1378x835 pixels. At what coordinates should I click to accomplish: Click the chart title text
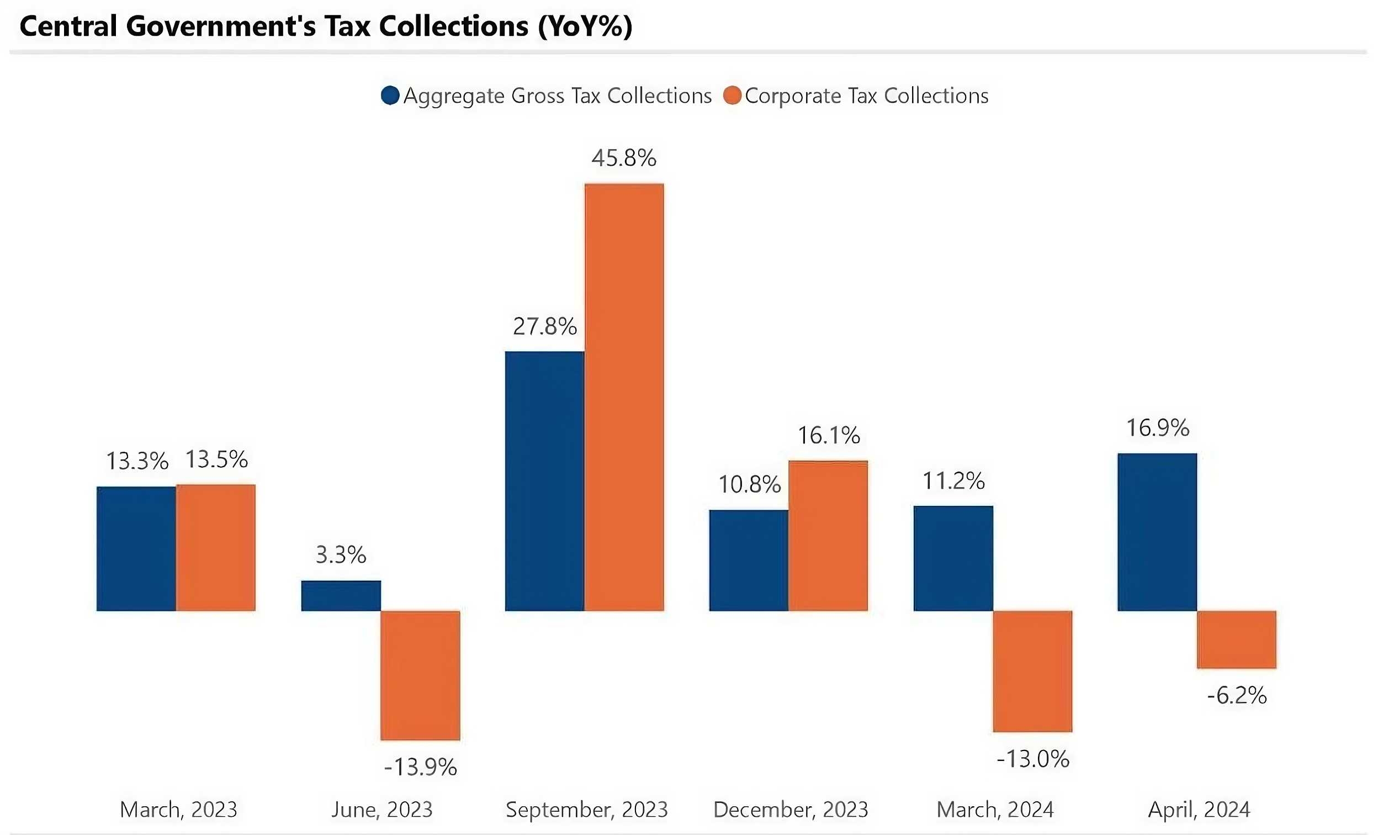[x=326, y=27]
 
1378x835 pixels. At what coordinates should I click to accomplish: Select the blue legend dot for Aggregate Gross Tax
[x=390, y=96]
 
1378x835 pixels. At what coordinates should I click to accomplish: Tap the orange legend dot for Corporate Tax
[x=732, y=96]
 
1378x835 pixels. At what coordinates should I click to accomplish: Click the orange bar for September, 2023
[x=624, y=397]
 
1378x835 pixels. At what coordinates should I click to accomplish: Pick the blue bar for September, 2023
[x=544, y=481]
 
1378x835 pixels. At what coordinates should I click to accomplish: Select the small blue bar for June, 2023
[x=341, y=596]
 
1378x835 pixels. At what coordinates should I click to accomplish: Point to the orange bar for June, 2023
[x=420, y=675]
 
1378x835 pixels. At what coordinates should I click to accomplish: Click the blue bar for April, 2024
[x=1157, y=532]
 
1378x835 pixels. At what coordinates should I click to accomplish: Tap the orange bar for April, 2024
[x=1237, y=640]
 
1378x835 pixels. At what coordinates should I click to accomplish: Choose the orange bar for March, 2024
[x=1032, y=671]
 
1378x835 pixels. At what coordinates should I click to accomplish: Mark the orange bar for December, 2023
[x=828, y=536]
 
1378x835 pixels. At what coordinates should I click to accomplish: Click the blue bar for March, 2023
[x=136, y=548]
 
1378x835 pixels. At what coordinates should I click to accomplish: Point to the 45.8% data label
[x=623, y=158]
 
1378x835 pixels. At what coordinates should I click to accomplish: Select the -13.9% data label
[x=420, y=767]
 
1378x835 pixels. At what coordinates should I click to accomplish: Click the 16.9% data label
[x=1157, y=429]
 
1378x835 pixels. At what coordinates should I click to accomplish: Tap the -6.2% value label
[x=1237, y=696]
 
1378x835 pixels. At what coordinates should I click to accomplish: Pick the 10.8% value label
[x=749, y=485]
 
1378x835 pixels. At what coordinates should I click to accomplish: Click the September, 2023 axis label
[x=587, y=809]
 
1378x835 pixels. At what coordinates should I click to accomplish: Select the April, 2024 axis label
[x=1199, y=809]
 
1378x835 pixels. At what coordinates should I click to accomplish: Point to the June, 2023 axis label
[x=382, y=809]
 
